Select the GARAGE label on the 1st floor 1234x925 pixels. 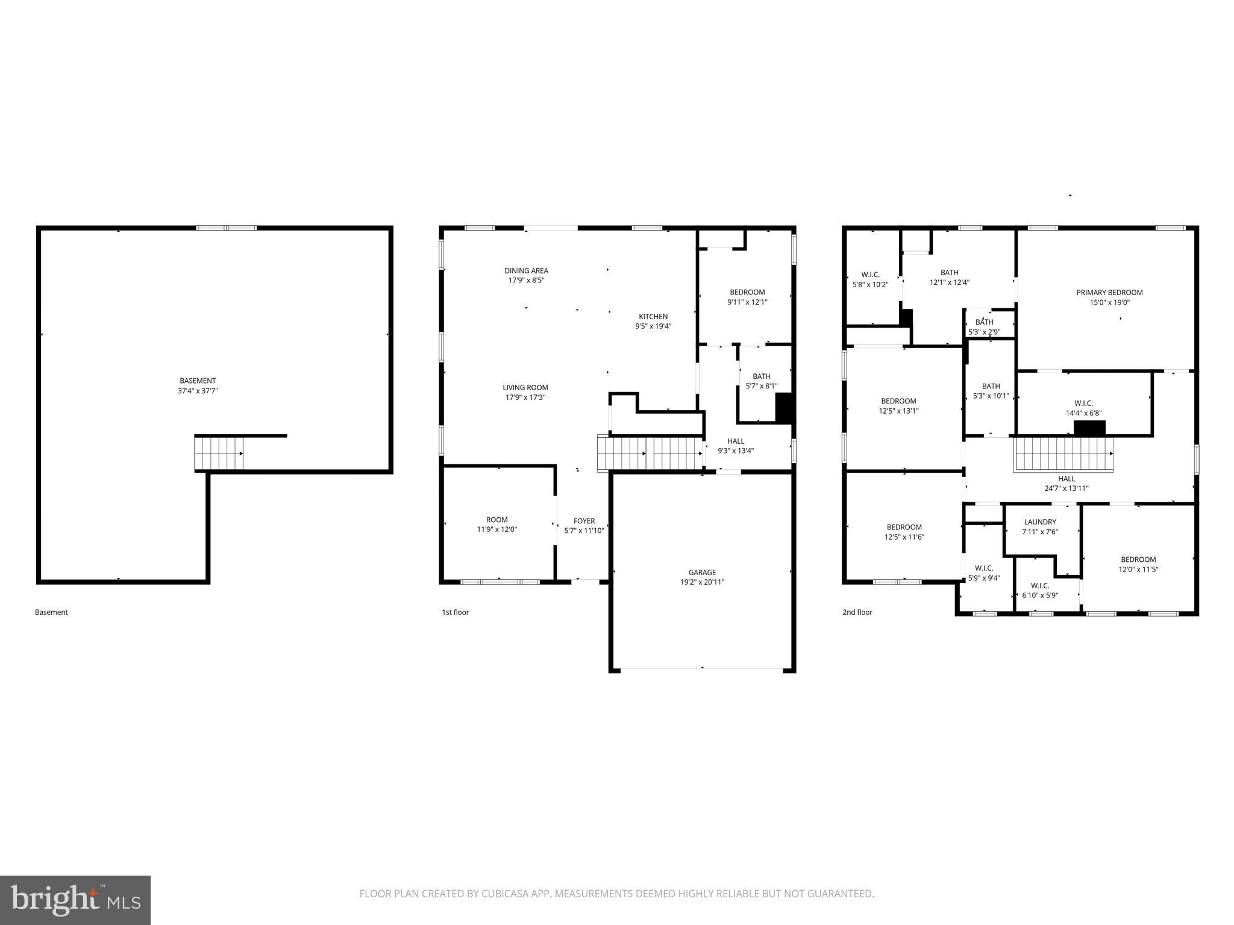(702, 573)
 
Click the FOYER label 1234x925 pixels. (584, 521)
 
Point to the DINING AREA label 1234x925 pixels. (526, 271)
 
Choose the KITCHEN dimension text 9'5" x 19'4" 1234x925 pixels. (653, 326)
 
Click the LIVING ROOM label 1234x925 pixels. (525, 388)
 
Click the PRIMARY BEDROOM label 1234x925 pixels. (1109, 293)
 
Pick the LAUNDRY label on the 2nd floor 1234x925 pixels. (1040, 522)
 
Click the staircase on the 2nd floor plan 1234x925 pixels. (1063, 454)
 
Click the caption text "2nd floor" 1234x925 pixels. (857, 612)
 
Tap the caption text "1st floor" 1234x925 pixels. (455, 612)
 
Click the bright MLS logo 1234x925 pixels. (75, 900)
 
